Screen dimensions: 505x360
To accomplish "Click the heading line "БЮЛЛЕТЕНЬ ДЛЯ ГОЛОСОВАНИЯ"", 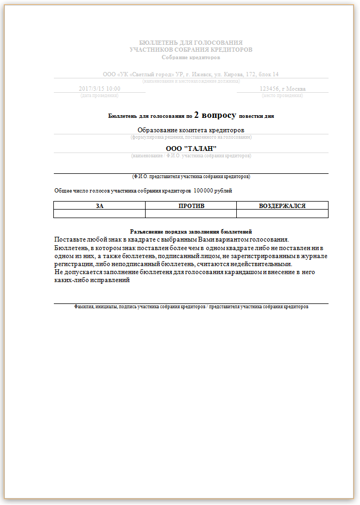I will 190,42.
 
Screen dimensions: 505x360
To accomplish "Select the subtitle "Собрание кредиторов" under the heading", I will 190,57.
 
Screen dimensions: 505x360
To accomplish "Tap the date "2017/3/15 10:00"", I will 100,89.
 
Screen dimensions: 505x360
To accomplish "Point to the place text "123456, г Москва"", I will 282,89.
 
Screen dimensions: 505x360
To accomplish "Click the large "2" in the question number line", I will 197,114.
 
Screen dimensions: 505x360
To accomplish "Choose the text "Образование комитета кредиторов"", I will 190,130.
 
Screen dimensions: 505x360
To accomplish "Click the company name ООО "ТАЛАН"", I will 190,148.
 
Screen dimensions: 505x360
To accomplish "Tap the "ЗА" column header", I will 100,205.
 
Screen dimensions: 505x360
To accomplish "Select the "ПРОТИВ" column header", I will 191,205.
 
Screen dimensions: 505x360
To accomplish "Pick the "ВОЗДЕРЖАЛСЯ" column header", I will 282,205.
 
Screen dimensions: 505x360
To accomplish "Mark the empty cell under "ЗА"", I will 100,213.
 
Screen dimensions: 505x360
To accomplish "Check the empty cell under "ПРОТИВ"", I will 191,213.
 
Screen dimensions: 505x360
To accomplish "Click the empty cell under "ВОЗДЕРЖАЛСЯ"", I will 282,213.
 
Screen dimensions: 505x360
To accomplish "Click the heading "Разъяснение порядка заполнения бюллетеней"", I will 190,231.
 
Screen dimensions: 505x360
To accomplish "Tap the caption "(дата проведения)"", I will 100,95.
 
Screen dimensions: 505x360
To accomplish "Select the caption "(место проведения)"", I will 282,95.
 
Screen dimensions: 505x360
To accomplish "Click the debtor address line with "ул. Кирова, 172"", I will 190,74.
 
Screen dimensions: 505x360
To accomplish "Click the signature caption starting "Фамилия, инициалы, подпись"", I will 191,307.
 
